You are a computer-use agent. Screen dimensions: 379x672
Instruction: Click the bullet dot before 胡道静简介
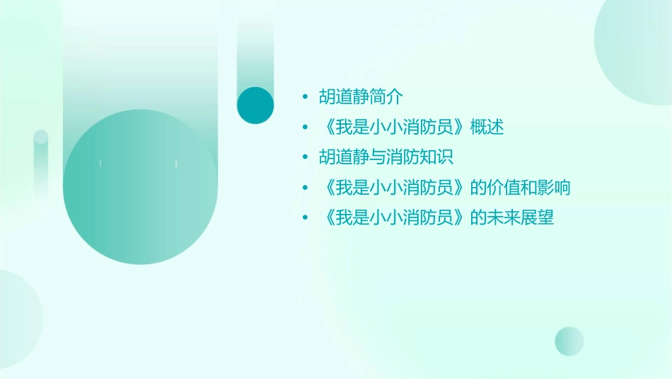click(x=304, y=97)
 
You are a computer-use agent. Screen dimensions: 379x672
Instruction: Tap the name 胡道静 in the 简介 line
click(x=344, y=97)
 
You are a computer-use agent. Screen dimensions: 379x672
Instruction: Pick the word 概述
click(x=487, y=128)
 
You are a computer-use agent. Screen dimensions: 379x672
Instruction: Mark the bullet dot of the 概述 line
click(x=304, y=128)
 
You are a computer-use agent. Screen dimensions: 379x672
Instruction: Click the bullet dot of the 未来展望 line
click(x=304, y=217)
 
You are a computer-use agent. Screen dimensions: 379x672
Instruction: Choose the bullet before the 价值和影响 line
click(x=304, y=188)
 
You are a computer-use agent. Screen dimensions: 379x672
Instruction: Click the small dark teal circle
click(x=255, y=105)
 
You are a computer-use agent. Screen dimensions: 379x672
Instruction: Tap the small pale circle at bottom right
click(x=569, y=341)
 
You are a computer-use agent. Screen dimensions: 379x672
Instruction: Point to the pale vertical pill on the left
click(x=40, y=163)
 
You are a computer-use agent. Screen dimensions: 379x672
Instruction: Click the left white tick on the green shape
click(x=100, y=164)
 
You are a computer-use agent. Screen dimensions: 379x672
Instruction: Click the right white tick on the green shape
click(x=176, y=164)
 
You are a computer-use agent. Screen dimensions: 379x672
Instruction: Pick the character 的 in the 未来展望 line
click(x=477, y=217)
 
